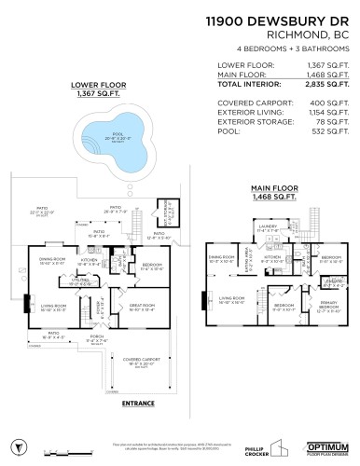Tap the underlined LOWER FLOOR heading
pos(96,85)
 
